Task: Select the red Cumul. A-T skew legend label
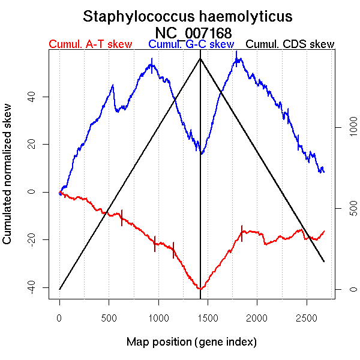point(91,44)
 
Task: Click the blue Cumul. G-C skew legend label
point(191,44)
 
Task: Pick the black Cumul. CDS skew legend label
point(290,44)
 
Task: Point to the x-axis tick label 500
point(109,316)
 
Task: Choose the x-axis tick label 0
point(59,316)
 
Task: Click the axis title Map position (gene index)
point(191,342)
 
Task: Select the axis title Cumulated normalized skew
point(8,181)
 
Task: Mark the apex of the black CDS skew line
point(200,59)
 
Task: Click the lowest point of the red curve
point(199,289)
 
